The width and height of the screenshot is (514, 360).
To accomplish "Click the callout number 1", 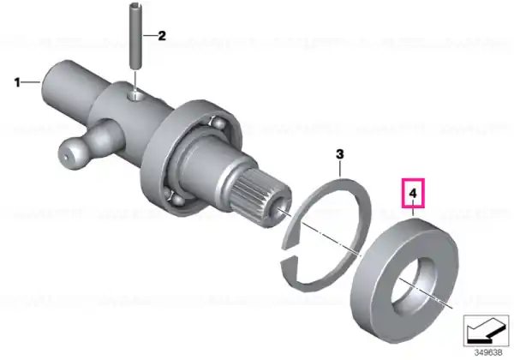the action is click(x=17, y=82).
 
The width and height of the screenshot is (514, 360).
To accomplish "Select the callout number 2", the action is click(x=162, y=35).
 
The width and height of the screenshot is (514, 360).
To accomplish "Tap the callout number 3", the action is click(x=340, y=154).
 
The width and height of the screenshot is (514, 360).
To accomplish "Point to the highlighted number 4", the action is click(x=413, y=194).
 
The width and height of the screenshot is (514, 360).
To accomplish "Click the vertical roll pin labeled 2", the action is click(x=136, y=35).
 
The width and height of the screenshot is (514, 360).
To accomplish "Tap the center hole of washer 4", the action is click(x=415, y=285).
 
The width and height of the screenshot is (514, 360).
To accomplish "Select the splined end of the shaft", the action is click(x=259, y=200).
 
